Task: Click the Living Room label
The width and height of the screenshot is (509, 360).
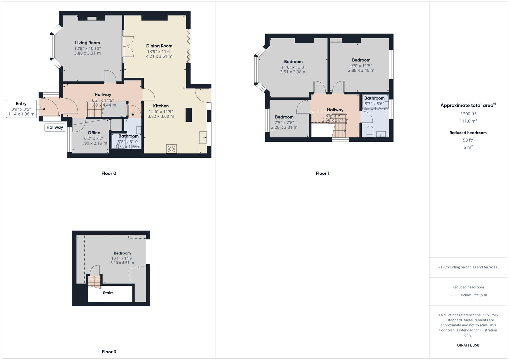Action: tap(87, 43)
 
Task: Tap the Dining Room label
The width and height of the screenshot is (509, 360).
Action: tap(159, 46)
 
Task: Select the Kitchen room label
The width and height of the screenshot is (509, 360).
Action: tap(161, 106)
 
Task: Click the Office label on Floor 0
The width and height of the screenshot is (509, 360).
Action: tap(94, 133)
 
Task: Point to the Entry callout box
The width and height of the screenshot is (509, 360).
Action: tap(21, 109)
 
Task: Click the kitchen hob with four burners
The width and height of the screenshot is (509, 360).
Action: tap(171, 149)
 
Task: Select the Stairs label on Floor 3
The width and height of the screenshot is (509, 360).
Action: tap(108, 293)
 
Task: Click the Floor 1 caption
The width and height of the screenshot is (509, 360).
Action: tap(322, 173)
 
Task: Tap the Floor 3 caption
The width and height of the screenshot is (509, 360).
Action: tap(109, 352)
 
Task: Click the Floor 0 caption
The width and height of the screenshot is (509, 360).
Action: tap(109, 173)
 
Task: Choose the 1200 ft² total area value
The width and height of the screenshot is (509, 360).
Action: tap(468, 114)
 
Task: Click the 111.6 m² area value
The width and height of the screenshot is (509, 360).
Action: tap(468, 121)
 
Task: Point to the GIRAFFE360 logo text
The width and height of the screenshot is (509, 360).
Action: tap(468, 345)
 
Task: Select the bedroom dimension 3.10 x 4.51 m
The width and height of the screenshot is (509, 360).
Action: tap(122, 263)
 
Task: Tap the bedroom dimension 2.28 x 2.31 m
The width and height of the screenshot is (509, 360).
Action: tap(284, 127)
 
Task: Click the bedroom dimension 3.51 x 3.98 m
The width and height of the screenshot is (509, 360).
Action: tap(293, 72)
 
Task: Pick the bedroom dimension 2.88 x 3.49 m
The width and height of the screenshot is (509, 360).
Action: tap(361, 70)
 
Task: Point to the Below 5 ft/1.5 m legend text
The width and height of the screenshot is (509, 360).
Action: tap(474, 295)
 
